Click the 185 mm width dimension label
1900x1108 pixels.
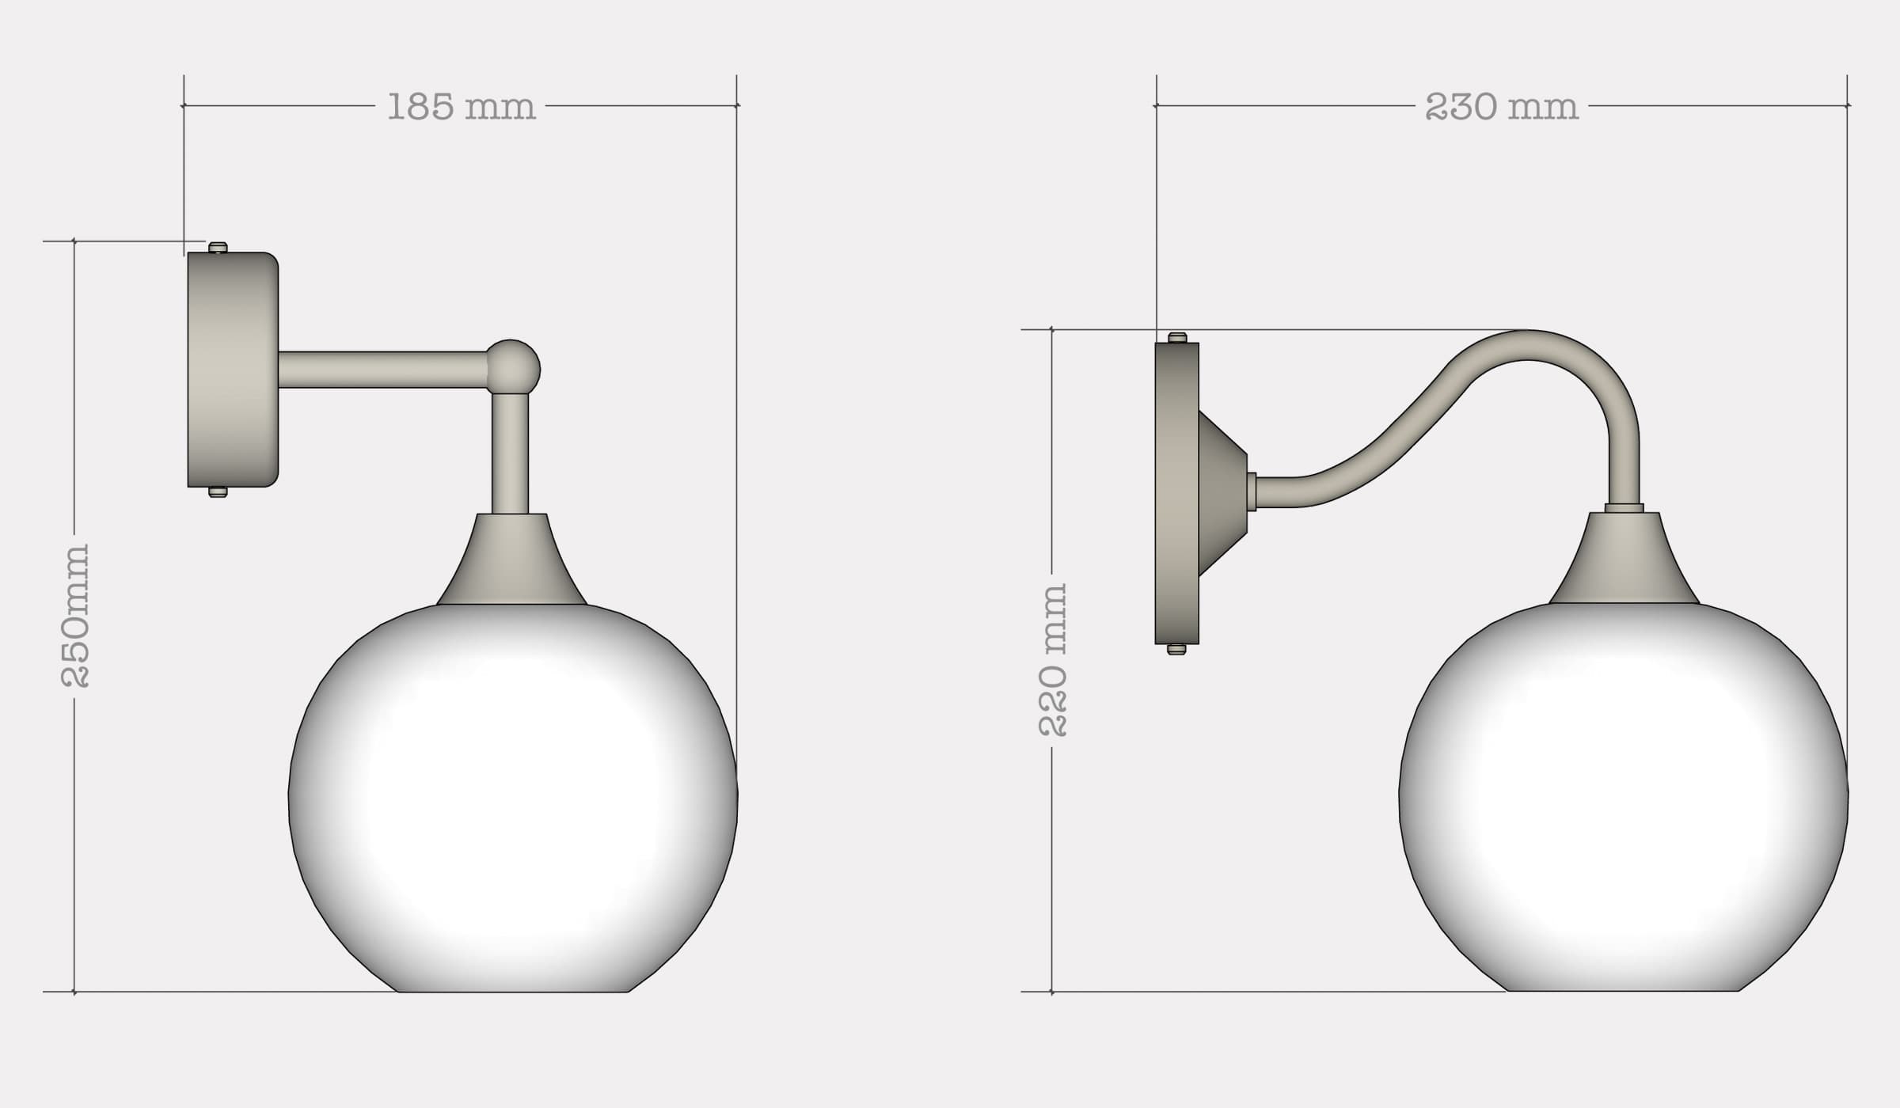[x=462, y=107]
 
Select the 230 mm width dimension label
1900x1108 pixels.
[x=1501, y=107]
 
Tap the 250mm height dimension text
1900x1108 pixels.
[x=76, y=615]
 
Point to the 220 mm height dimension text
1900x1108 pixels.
[x=1053, y=660]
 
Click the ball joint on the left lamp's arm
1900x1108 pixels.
[x=513, y=367]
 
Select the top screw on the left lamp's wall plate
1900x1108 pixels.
[x=218, y=248]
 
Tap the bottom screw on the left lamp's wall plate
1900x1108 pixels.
[x=218, y=492]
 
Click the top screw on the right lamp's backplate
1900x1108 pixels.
[x=1177, y=338]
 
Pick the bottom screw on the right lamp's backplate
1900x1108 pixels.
[x=1177, y=650]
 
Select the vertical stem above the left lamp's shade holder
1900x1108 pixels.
[x=510, y=453]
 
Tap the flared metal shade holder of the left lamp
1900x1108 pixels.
[x=511, y=562]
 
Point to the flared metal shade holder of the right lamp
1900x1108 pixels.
[x=1624, y=560]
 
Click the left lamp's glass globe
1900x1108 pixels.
[x=513, y=799]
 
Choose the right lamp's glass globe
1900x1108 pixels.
[x=1624, y=799]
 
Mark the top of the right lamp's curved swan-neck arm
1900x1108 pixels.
[x=1528, y=345]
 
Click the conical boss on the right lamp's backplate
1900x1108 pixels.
[x=1222, y=493]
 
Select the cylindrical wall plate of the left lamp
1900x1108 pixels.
[x=233, y=370]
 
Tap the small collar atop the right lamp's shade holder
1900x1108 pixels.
[x=1624, y=508]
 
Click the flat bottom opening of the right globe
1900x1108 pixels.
[x=1624, y=989]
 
